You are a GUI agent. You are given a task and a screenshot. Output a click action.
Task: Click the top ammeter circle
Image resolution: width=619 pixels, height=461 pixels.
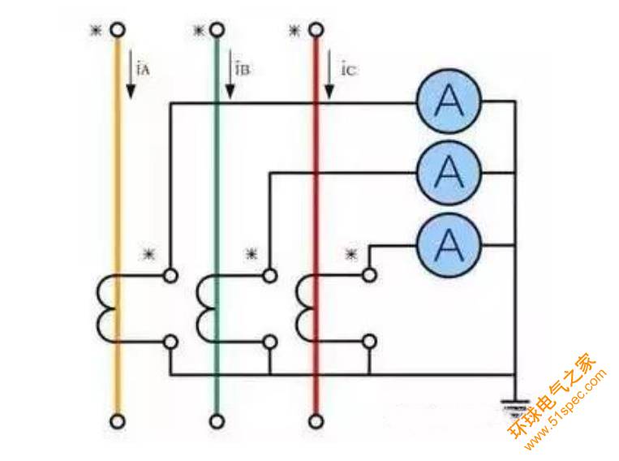449,102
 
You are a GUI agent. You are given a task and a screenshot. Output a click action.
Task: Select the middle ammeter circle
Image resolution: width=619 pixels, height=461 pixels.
449,171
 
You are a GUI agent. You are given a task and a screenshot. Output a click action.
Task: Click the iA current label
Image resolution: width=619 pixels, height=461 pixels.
143,69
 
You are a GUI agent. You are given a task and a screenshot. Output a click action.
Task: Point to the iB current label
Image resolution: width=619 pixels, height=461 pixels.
242,69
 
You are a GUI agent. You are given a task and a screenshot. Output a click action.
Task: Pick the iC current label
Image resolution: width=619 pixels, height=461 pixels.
349,69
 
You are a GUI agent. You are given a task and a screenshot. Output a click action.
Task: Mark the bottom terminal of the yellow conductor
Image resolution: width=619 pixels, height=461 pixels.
118,421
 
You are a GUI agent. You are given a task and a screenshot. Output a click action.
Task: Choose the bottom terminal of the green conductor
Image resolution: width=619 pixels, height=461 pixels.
217,421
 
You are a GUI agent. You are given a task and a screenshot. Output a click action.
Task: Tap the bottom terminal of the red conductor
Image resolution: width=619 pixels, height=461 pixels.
315,421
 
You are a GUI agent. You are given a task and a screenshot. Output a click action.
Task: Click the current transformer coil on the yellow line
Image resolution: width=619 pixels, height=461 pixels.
108,308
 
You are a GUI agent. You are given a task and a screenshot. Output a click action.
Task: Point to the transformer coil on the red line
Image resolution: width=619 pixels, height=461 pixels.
306,308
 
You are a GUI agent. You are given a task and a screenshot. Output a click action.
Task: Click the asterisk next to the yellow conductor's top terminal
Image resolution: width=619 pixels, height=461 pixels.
97,31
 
